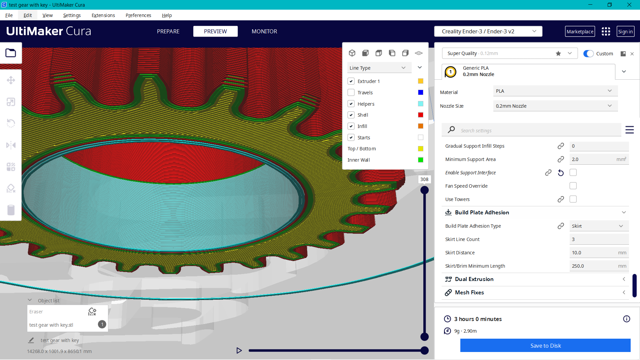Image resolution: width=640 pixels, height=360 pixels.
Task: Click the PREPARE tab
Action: [x=168, y=31]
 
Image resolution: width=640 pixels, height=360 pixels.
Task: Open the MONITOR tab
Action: [x=264, y=31]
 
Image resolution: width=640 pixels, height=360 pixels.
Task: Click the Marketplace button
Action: [x=580, y=32]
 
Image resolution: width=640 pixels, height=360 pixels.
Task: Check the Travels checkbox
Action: [x=351, y=92]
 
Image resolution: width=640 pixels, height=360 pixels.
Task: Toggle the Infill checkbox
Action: [x=351, y=126]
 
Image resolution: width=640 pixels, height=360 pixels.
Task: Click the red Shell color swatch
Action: [x=420, y=115]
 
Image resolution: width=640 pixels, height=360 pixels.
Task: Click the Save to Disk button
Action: [x=545, y=346]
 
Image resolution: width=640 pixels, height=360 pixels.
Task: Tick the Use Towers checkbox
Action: [x=573, y=199]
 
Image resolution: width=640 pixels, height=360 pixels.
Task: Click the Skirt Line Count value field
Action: [x=599, y=239]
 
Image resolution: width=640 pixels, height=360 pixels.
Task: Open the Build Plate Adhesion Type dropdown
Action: [x=599, y=226]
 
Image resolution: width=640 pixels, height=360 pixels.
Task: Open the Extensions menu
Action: [x=103, y=15]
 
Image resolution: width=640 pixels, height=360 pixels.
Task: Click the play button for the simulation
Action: [x=239, y=350]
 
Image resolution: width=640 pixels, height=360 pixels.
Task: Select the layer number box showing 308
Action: [x=424, y=179]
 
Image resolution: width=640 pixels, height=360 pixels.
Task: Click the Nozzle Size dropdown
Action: [x=555, y=106]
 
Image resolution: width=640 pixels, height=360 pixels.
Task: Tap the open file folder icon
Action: [x=11, y=53]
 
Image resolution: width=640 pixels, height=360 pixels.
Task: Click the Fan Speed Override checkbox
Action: [x=573, y=186]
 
